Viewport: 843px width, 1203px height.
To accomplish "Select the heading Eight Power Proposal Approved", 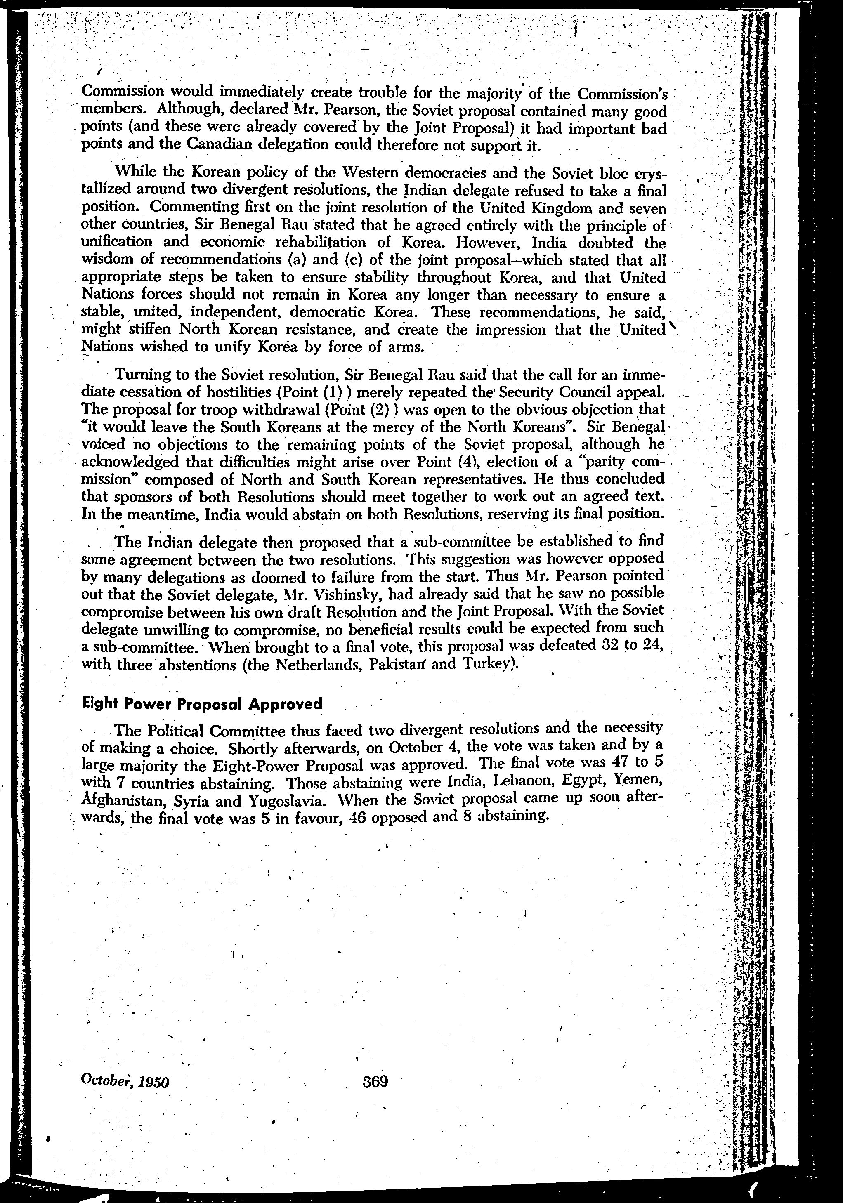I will [202, 704].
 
